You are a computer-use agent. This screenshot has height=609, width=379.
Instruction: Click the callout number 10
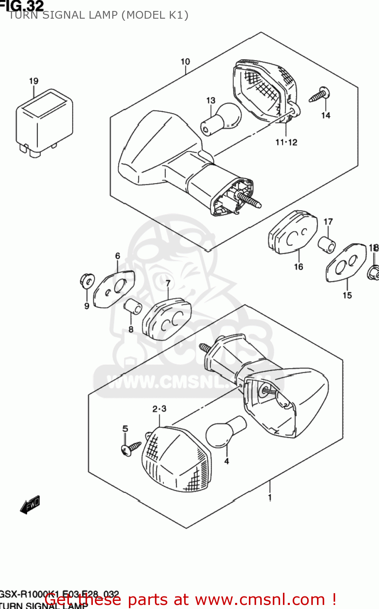(x=185, y=62)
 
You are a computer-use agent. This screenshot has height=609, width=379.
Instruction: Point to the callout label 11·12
(x=286, y=142)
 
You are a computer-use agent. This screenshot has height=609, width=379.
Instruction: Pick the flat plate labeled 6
(x=113, y=289)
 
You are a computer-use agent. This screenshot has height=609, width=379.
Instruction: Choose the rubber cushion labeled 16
(x=293, y=232)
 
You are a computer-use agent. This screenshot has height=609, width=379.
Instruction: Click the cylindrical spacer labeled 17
(x=327, y=244)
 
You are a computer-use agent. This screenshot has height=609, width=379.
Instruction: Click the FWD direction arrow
(x=30, y=505)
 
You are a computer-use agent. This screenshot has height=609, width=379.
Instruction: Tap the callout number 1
(x=270, y=497)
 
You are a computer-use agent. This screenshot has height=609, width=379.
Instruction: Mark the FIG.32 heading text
(x=22, y=5)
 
